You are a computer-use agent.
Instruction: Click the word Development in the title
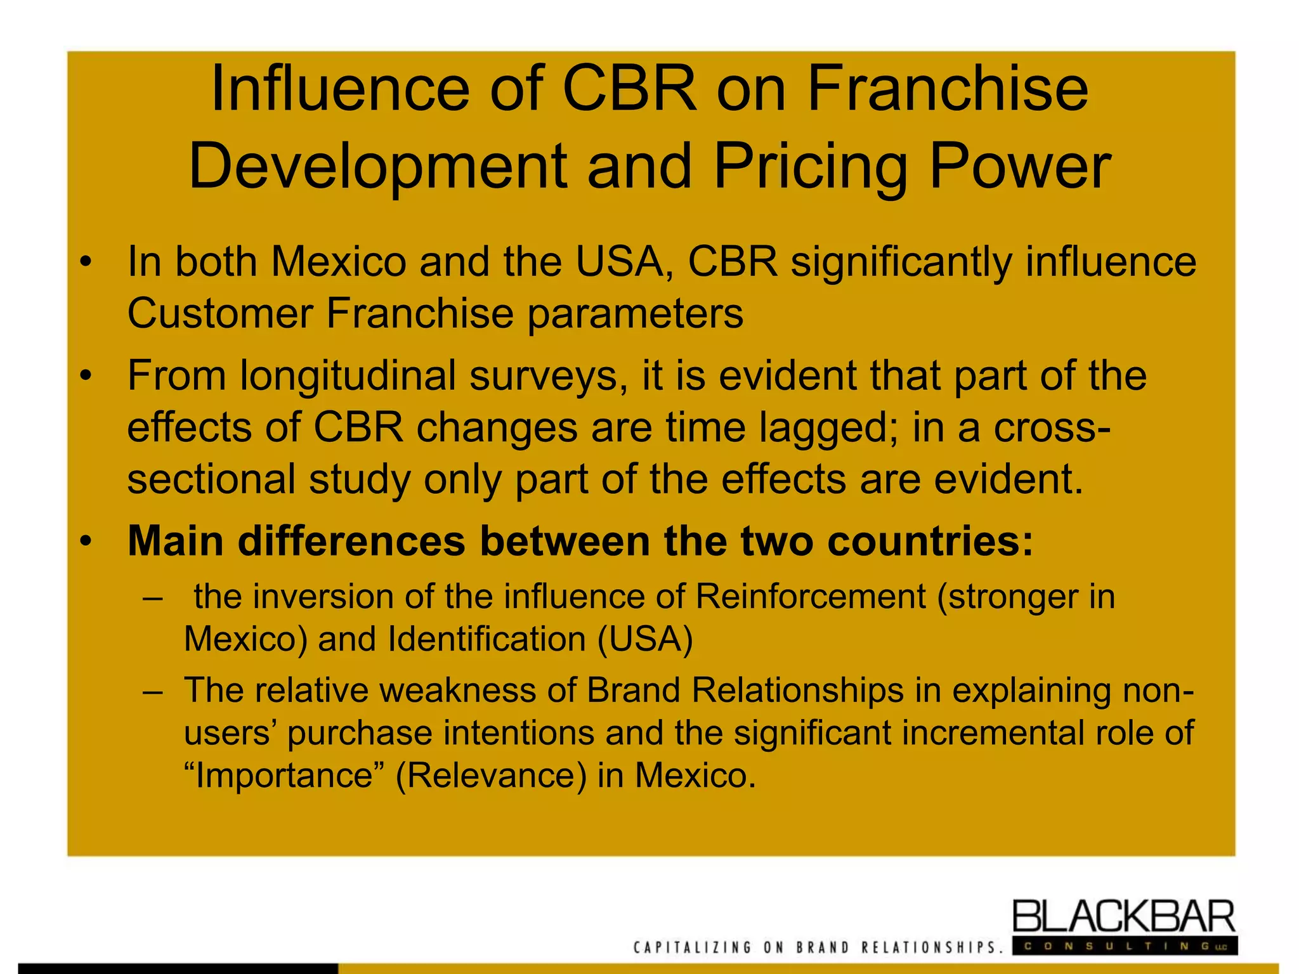tap(377, 166)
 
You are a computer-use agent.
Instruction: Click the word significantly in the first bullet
tap(901, 263)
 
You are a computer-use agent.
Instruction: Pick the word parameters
tap(635, 315)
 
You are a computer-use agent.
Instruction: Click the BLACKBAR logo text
tap(1123, 916)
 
